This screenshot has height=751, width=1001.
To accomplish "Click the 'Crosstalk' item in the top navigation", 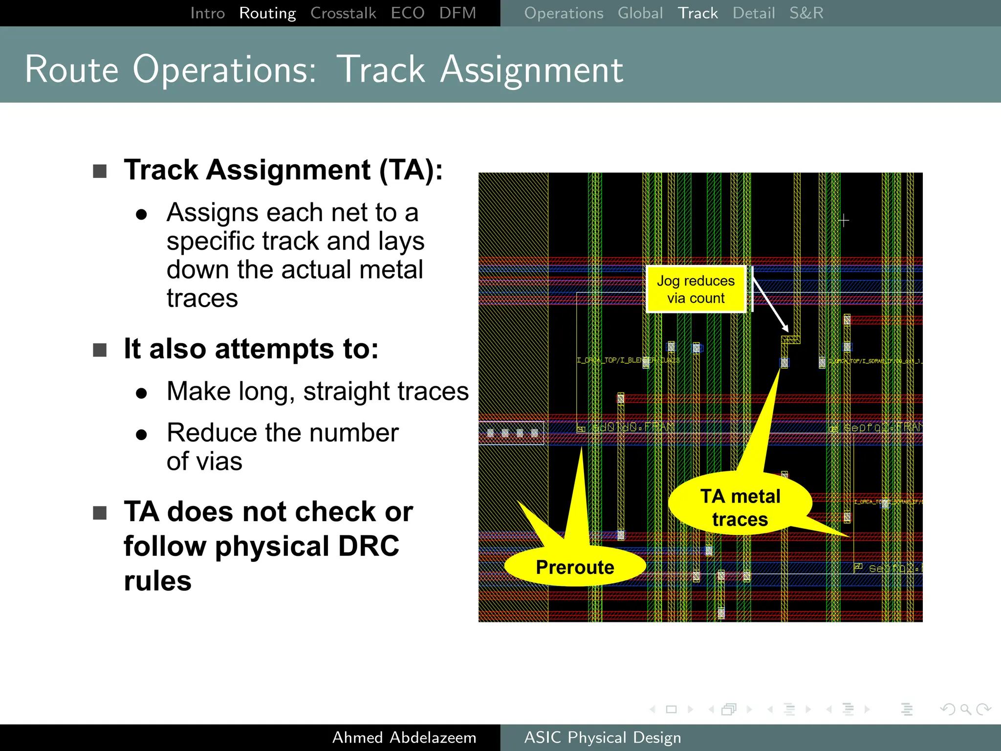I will tap(343, 13).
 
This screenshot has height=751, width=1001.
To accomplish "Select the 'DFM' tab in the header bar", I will tap(457, 13).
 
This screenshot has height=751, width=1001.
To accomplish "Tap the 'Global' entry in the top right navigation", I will tap(640, 13).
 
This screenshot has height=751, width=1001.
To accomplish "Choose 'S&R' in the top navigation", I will tap(806, 13).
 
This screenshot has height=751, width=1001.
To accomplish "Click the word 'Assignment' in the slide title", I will tap(531, 70).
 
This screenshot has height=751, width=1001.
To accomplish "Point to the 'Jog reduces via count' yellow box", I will tap(696, 289).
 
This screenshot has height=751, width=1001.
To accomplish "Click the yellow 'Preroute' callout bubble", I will tap(575, 567).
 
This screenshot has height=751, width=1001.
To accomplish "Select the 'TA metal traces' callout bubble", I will tap(740, 508).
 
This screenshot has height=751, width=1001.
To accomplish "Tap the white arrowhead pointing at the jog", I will tap(784, 328).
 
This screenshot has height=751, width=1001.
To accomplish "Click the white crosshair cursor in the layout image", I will tap(844, 221).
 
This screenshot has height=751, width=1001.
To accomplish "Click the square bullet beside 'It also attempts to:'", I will tap(100, 350).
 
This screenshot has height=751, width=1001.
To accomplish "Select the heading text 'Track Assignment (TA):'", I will tap(283, 170).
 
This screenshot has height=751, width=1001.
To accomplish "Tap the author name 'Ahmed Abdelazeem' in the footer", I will tap(404, 737).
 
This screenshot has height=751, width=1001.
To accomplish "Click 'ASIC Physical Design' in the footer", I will tap(602, 737).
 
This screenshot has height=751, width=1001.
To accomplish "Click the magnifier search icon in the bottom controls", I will tap(965, 709).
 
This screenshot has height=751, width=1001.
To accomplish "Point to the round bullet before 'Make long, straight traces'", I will tap(141, 393).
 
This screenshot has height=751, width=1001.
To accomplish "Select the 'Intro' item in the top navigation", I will tap(207, 13).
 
